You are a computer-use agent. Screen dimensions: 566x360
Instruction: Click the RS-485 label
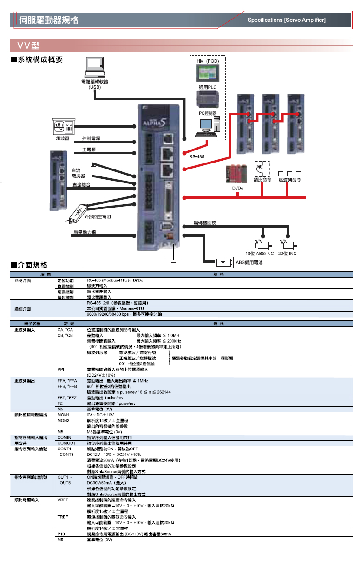pos(196,157)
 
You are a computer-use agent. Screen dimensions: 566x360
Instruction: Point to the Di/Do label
pos(237,189)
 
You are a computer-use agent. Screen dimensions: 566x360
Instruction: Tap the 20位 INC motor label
pos(287,253)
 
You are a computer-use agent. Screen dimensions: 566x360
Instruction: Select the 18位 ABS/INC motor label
pos(259,253)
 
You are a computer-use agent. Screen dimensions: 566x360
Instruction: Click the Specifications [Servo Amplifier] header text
pos(286,20)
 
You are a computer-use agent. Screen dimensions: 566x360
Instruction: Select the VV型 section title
pos(28,46)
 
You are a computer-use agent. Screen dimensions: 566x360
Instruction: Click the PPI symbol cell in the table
pos(61,370)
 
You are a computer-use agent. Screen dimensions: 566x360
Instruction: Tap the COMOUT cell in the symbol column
pos(66,443)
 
